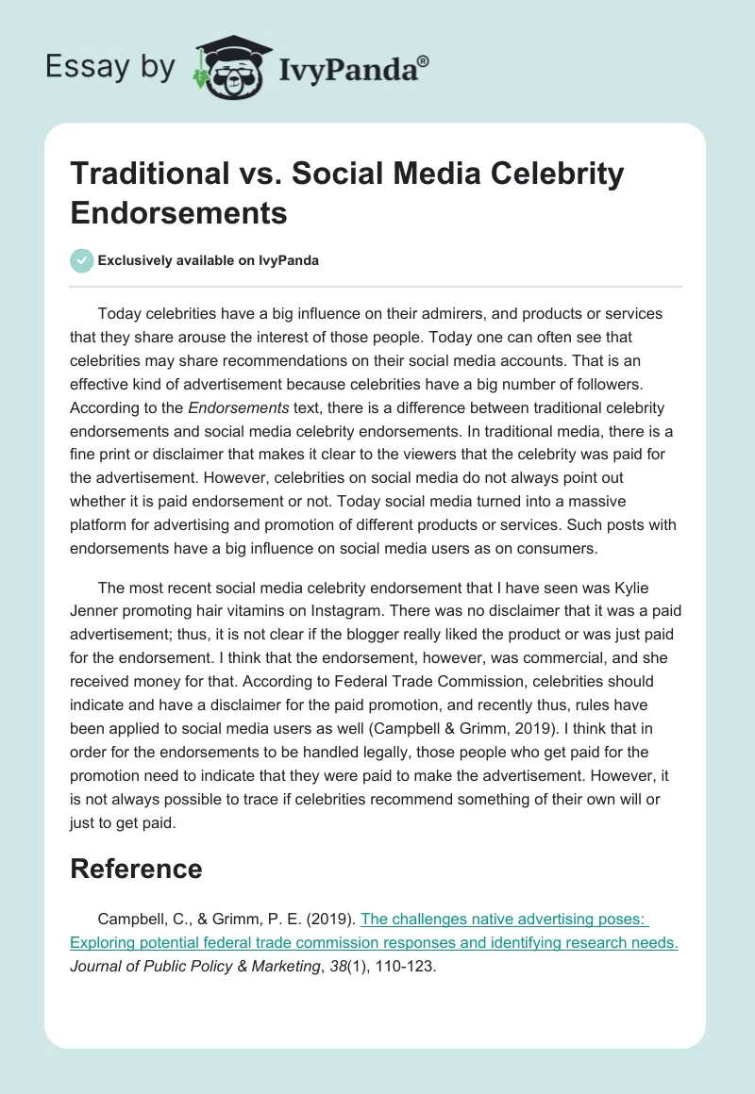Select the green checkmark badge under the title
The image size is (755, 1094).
82,260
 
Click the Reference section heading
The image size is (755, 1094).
136,868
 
